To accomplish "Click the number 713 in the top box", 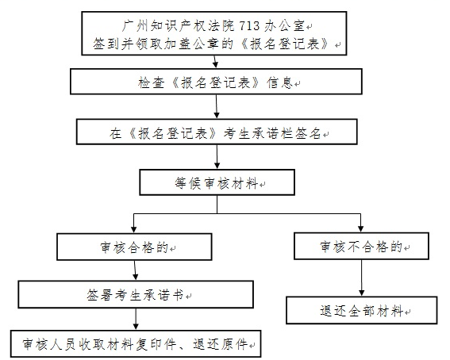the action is [249, 26].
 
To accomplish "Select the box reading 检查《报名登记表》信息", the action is [216, 82].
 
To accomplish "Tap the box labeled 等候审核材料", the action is [217, 182].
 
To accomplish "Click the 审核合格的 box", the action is [134, 247].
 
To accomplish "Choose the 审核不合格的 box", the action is [361, 246].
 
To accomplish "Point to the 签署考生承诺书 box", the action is [136, 294].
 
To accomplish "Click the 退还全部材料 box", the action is [362, 310].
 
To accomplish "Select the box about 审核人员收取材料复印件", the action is [136, 343].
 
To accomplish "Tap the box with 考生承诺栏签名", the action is [217, 132].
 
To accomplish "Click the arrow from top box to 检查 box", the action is [215, 61].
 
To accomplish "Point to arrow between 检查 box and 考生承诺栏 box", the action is [217, 106].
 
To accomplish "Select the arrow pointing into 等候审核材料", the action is [217, 157].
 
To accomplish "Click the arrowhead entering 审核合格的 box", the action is [133, 229].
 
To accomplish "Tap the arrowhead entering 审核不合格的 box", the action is [361, 228].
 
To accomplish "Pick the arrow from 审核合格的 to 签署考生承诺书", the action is [135, 270].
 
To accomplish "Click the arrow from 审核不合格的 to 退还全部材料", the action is [362, 278].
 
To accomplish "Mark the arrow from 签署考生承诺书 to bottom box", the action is [136, 319].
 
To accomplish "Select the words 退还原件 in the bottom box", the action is [220, 343].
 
